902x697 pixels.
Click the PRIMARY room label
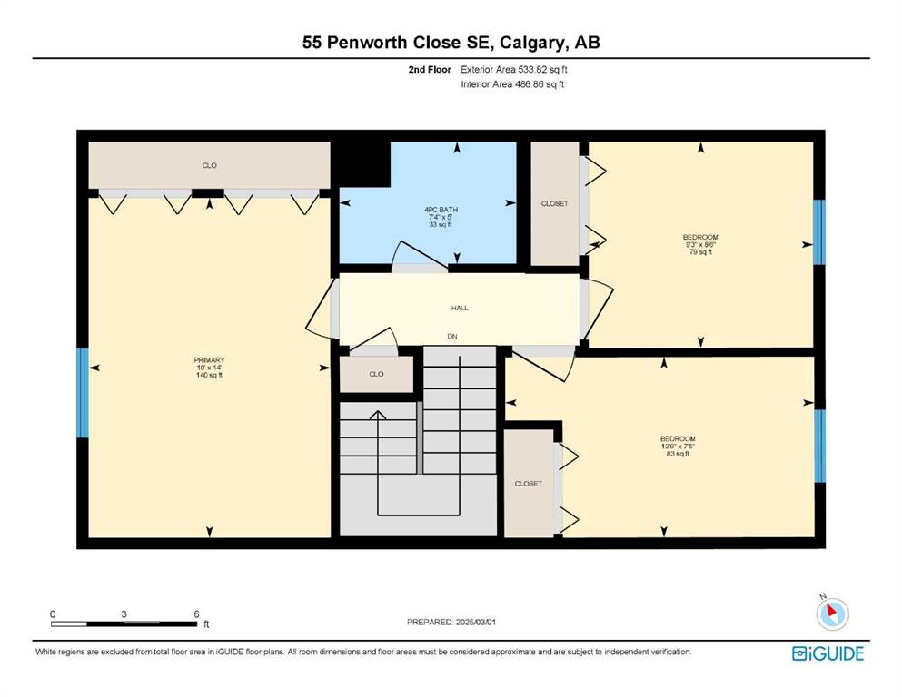(x=209, y=360)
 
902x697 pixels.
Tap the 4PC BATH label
(x=441, y=210)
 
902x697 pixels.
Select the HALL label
(x=460, y=308)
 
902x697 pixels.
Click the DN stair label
(x=452, y=336)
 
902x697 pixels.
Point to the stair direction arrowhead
(x=377, y=415)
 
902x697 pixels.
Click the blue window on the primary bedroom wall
(x=83, y=393)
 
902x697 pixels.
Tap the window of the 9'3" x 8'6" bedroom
(x=818, y=232)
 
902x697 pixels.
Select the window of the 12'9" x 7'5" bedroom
(x=819, y=446)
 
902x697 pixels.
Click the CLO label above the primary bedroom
(x=210, y=165)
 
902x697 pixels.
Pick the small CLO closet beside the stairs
(x=376, y=374)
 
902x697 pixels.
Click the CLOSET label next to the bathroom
(x=554, y=203)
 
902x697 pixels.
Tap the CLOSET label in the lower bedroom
(x=528, y=484)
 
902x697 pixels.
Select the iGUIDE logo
(x=828, y=654)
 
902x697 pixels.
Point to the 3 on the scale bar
(x=124, y=614)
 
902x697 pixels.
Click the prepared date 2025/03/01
(x=476, y=622)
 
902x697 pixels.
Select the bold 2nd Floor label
(x=430, y=70)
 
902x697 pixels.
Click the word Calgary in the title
(x=532, y=43)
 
